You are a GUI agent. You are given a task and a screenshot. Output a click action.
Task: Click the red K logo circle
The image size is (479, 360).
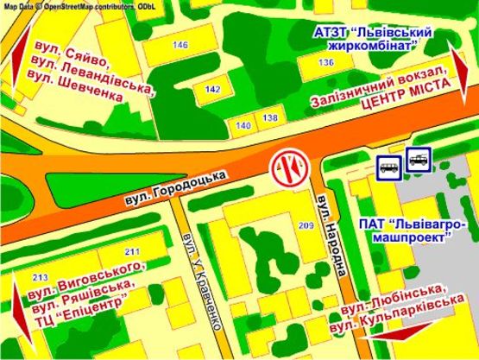coord(288,166)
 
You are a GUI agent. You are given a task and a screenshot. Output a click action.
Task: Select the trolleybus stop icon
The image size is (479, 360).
coord(419,163)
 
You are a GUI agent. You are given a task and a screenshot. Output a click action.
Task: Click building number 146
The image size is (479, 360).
coord(180,45)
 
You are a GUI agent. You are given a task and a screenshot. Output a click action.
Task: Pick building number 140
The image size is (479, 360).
coord(243,126)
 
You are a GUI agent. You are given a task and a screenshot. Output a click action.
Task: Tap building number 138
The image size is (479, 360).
coord(270,117)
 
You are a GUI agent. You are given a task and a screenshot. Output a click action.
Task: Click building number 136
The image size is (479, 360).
coord(325,63)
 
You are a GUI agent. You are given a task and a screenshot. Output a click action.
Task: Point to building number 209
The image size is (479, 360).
coord(306,225)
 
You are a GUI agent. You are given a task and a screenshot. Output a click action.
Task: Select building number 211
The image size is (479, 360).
coord(131,251)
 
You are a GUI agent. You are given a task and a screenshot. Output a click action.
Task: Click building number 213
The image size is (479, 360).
coord(38,278)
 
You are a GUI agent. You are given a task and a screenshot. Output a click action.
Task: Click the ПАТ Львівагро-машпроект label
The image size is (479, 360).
coord(407,231)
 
